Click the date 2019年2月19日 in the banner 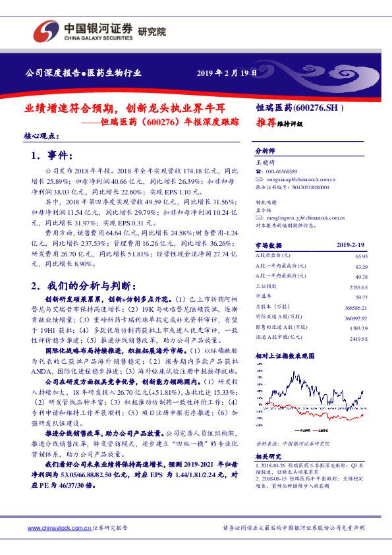[x=227, y=73]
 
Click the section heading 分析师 [x=264, y=151]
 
